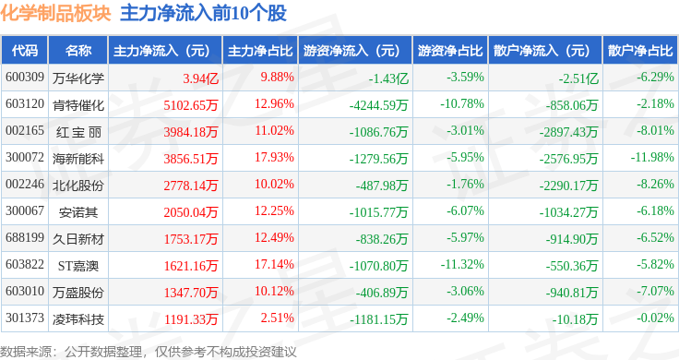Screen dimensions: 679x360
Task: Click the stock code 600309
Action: click(25, 78)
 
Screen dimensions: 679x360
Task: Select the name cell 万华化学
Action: click(78, 78)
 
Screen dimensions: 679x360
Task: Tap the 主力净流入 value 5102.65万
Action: click(191, 105)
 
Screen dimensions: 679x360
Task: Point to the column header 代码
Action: click(25, 50)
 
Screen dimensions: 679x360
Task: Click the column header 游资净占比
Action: click(450, 50)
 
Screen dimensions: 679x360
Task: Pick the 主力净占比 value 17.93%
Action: click(274, 157)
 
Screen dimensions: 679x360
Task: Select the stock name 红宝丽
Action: click(78, 132)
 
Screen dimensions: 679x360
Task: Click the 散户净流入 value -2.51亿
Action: click(578, 78)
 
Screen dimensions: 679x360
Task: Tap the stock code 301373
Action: click(25, 318)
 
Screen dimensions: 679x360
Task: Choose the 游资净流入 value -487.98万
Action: click(382, 186)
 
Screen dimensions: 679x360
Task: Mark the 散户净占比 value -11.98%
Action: click(652, 157)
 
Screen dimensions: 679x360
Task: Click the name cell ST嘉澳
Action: click(78, 266)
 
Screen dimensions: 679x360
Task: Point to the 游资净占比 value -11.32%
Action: click(462, 264)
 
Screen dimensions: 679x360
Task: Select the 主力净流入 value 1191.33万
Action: click(191, 319)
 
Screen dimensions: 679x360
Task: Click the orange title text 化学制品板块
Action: click(56, 13)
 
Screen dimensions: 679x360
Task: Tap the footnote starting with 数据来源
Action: click(149, 352)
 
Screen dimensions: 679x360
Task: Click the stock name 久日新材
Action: click(78, 239)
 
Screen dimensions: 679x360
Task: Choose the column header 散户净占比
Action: click(640, 50)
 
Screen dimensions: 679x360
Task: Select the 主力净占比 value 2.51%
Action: click(277, 318)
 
